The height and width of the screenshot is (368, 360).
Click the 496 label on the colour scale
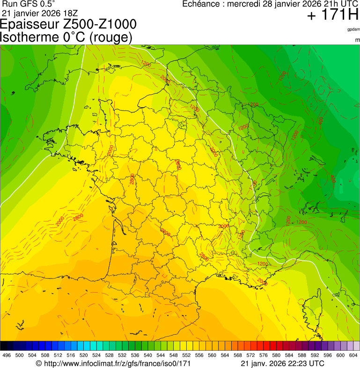[x=7, y=355]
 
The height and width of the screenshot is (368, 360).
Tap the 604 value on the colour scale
[x=353, y=355]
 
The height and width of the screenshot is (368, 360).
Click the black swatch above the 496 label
[x=4, y=346]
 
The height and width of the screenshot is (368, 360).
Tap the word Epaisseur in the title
[x=27, y=25]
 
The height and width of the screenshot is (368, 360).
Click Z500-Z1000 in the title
[x=97, y=24]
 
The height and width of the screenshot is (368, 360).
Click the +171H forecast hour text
[x=332, y=15]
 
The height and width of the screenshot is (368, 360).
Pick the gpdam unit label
[x=353, y=29]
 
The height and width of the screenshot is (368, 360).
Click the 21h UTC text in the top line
[x=340, y=4]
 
